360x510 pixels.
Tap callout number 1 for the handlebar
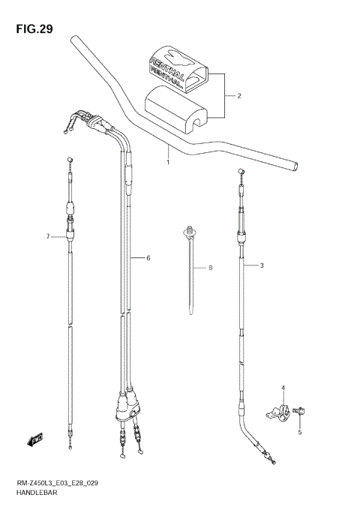(x=168, y=162)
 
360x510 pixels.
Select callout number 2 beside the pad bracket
(x=238, y=96)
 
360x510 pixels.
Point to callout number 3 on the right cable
(x=262, y=265)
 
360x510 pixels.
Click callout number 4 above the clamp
(x=283, y=388)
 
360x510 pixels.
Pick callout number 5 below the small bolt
(x=148, y=258)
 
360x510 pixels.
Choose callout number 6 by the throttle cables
(x=47, y=237)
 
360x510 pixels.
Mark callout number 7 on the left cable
(x=211, y=268)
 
